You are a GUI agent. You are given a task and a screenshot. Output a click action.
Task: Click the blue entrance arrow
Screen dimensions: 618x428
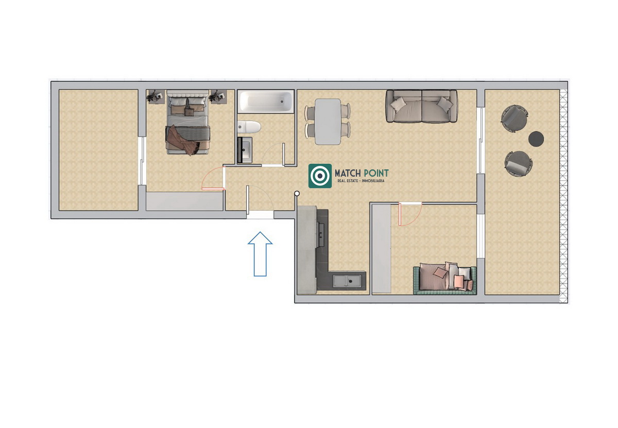[260, 254]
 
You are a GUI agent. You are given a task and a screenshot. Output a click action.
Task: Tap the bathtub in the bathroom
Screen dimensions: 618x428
[266, 101]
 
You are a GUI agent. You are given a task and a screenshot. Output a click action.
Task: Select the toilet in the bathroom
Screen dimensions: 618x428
[249, 127]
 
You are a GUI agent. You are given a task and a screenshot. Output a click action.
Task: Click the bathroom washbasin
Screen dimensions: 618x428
[245, 150]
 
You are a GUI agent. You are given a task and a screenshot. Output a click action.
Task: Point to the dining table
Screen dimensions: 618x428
[328, 122]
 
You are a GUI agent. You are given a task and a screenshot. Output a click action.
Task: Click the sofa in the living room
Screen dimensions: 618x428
[422, 106]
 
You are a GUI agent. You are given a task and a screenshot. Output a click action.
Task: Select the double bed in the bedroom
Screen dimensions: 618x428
[187, 122]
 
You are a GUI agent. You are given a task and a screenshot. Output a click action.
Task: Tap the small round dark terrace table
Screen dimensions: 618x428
[536, 139]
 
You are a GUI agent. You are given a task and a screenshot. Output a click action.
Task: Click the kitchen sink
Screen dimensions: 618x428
[347, 281]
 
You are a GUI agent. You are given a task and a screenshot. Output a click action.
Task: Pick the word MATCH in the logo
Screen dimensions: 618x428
[348, 173]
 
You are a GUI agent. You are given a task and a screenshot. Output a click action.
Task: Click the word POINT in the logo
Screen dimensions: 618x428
[376, 173]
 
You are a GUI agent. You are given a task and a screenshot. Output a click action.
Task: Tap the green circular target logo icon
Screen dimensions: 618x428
[320, 176]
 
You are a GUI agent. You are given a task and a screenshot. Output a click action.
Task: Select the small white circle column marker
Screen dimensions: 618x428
[297, 194]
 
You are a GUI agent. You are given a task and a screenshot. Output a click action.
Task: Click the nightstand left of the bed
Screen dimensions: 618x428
[156, 97]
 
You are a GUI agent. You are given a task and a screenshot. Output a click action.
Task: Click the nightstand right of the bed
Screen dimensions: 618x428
[218, 97]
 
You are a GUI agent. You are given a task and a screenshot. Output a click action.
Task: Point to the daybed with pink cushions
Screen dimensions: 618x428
[445, 278]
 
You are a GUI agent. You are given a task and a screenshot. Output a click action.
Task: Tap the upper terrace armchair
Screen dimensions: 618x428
[514, 118]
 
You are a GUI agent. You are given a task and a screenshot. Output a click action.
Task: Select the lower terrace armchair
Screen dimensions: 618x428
[519, 164]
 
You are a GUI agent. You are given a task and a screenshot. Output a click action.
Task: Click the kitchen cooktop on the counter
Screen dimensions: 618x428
[321, 235]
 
